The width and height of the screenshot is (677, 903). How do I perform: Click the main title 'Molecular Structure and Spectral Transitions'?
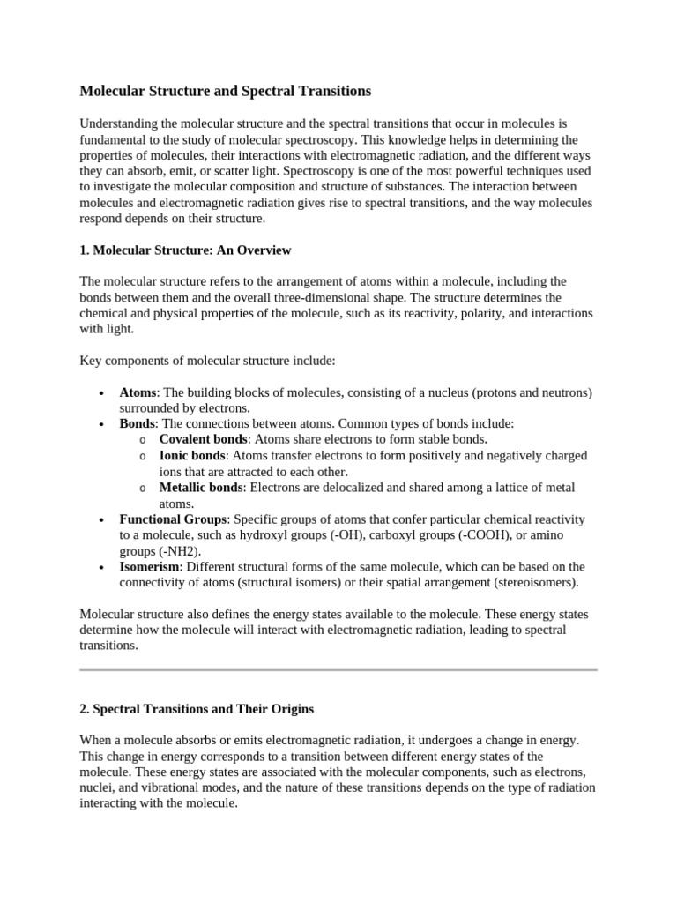(226, 91)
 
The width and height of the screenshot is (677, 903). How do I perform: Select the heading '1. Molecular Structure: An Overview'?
(185, 250)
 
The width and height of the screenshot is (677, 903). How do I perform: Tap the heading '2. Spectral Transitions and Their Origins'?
(197, 709)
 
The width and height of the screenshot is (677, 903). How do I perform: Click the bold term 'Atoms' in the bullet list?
(138, 392)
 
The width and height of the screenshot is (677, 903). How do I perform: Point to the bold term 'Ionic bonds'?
(192, 456)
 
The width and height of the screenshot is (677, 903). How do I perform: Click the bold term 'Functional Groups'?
(174, 519)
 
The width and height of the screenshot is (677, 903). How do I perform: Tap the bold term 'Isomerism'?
(149, 567)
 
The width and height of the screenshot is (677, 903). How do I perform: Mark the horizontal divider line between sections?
(338, 670)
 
